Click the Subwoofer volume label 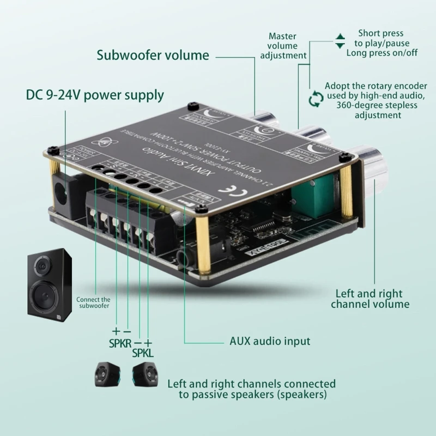click(x=153, y=55)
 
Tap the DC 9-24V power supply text click(x=95, y=95)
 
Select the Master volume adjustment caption click(x=283, y=46)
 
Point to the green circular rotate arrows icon click(x=315, y=99)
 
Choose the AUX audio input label click(x=269, y=342)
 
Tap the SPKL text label click(x=143, y=353)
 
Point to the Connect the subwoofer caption click(x=93, y=302)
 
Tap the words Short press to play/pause click(x=381, y=38)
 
